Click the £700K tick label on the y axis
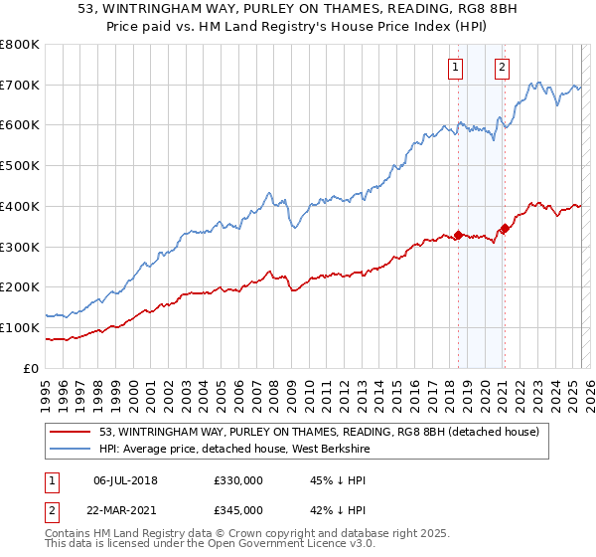point(20,86)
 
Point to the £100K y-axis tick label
point(20,327)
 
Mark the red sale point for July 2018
point(458,235)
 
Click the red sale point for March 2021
point(505,229)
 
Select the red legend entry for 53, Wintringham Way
point(318,432)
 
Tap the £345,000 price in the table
point(237,509)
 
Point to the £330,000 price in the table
point(237,480)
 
